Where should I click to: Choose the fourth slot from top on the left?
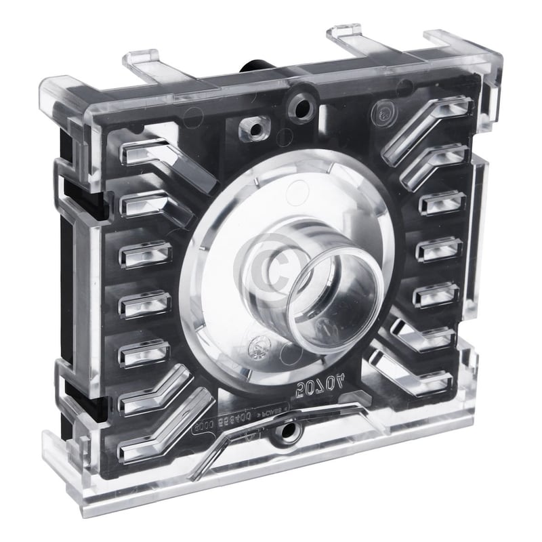point(143,304)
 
